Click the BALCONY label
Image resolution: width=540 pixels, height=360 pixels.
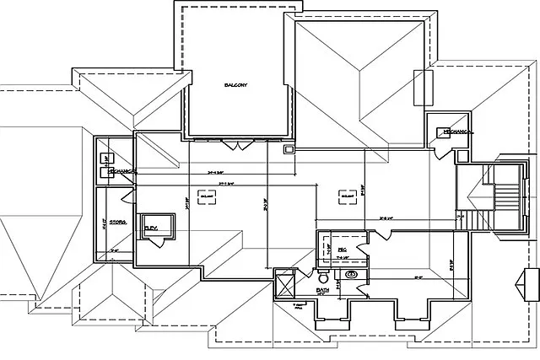click(235, 85)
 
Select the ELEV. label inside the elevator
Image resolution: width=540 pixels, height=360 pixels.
click(152, 228)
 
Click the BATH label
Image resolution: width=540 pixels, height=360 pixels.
click(322, 290)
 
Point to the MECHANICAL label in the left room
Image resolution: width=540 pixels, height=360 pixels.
click(118, 171)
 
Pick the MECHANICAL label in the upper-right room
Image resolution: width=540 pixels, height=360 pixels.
click(455, 132)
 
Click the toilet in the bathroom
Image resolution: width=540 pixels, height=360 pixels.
click(322, 277)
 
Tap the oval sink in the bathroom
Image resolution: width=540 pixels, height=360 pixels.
click(352, 274)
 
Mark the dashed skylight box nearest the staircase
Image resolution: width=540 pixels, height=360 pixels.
click(346, 196)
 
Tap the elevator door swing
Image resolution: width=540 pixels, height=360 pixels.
click(157, 244)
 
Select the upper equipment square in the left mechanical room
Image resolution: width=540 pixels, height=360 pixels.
click(105, 158)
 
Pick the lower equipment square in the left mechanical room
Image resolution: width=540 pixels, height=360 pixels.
click(105, 173)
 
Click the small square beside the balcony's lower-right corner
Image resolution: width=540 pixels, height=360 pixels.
click(289, 149)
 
